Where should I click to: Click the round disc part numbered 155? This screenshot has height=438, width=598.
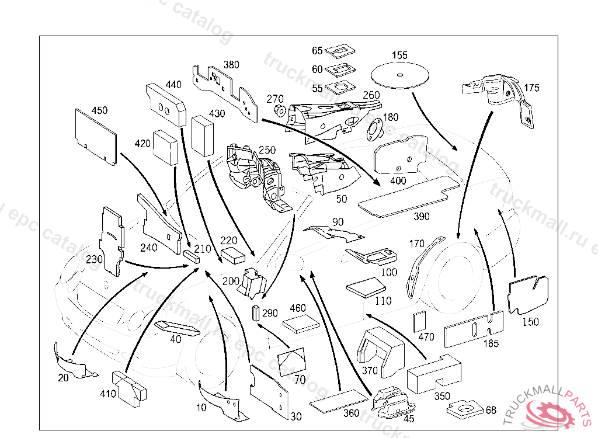point(399,75)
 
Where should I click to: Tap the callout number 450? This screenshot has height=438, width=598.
point(99,110)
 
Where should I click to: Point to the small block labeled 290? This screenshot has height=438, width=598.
point(255,314)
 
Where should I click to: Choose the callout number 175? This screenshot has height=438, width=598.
point(531,88)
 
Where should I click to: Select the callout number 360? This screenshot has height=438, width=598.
point(351,413)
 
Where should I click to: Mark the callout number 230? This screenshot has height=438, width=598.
point(95,259)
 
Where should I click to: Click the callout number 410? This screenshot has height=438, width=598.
point(108,394)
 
